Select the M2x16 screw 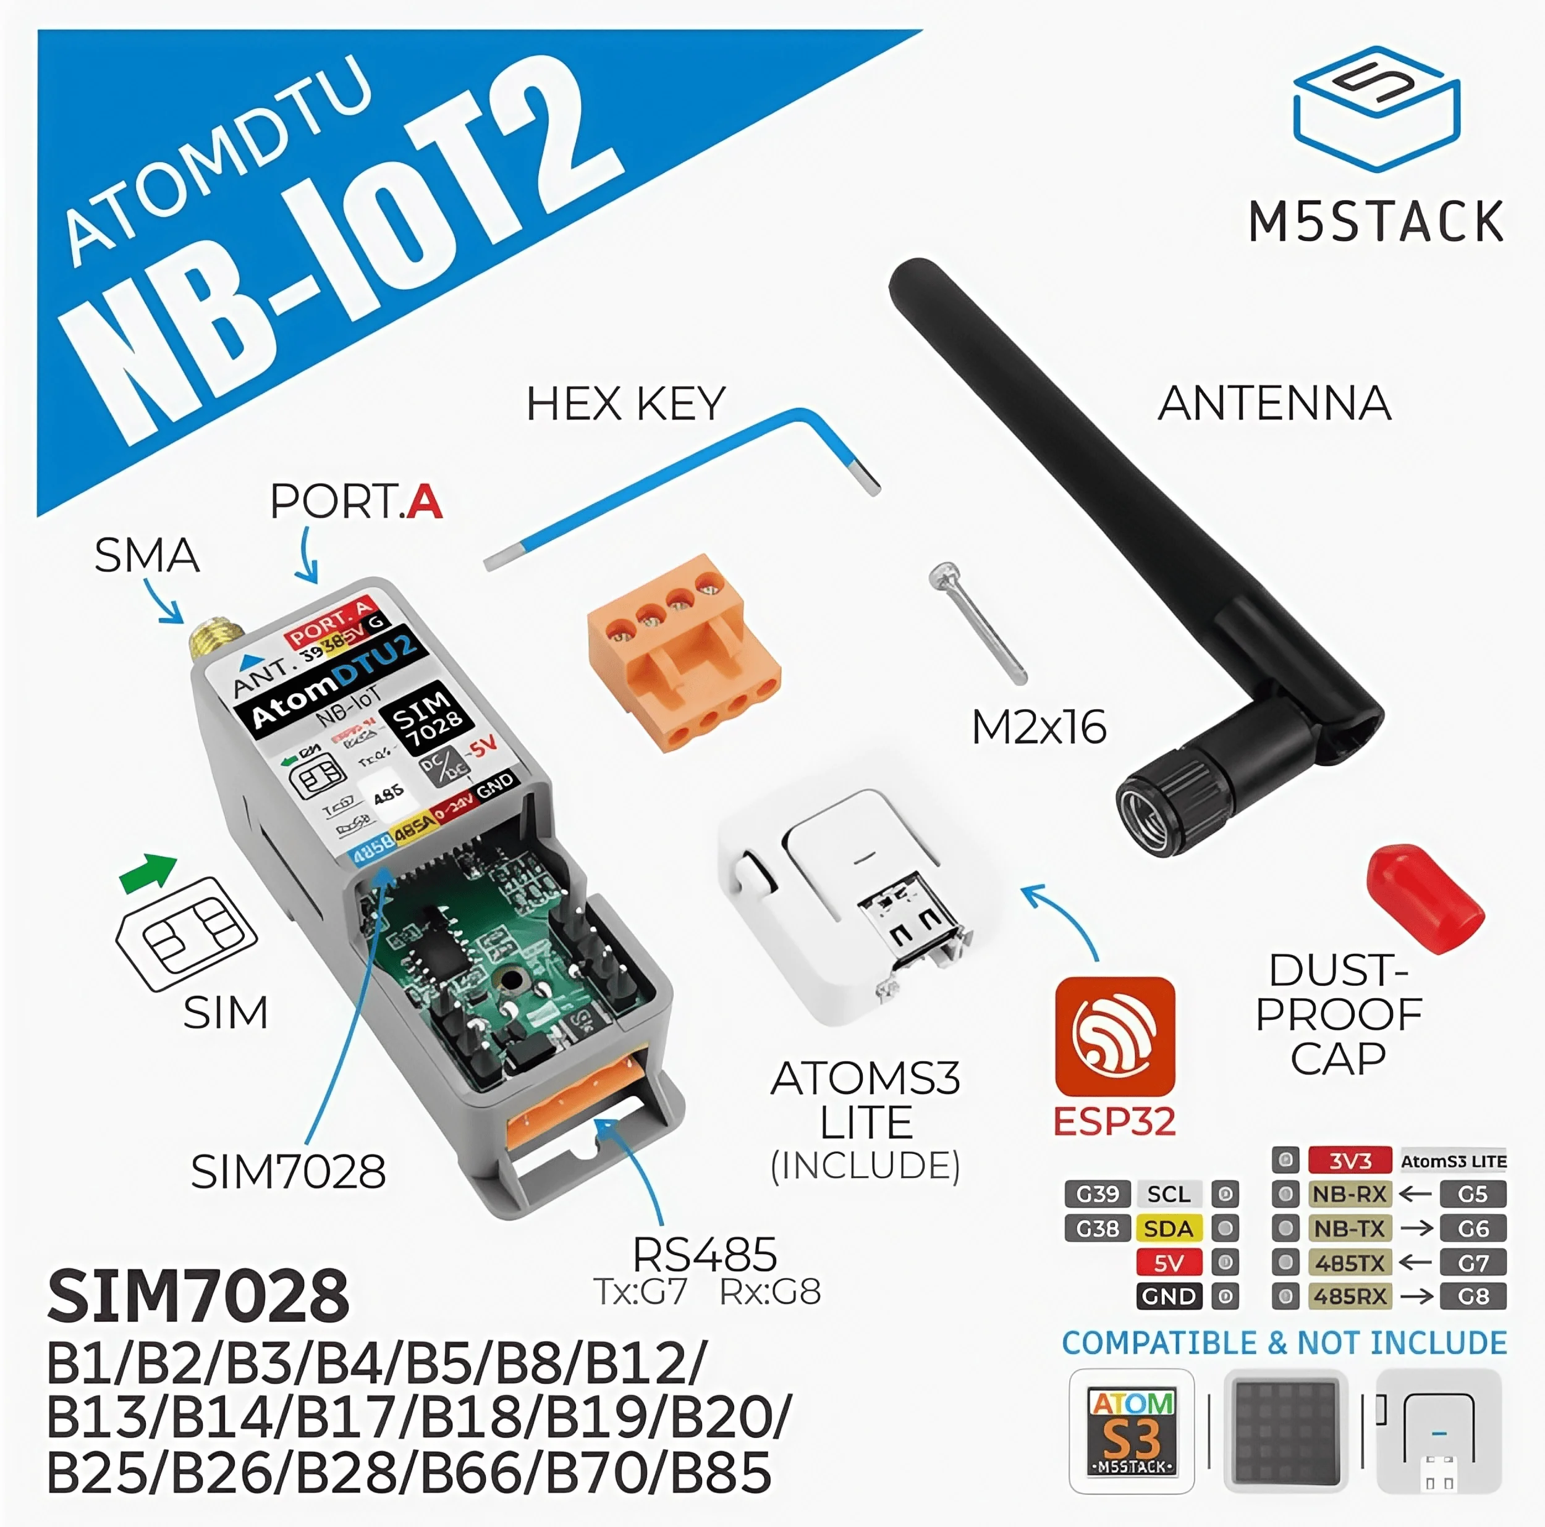977,620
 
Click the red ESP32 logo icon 1115,1037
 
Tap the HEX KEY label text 625,404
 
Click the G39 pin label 1097,1193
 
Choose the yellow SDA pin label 1169,1229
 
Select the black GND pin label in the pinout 1169,1296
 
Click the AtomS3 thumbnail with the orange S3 1132,1431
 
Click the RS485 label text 705,1255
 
